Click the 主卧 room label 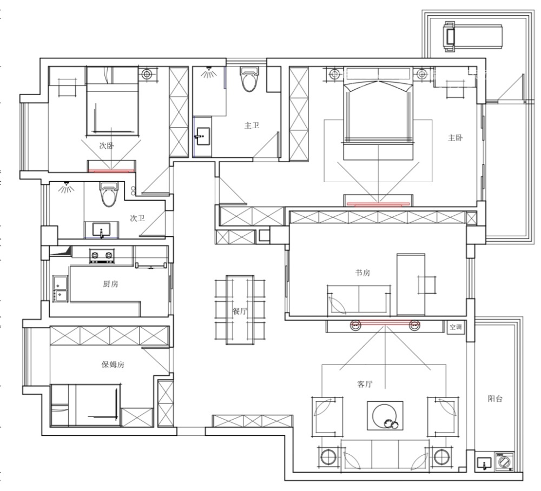point(455,138)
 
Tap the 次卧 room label point(106,145)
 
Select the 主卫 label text point(252,125)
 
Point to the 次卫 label point(137,218)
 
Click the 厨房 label point(110,284)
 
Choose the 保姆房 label point(113,364)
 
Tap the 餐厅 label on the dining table point(240,311)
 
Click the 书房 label point(362,273)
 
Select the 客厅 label point(365,384)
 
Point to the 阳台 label point(495,399)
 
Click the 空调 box point(456,327)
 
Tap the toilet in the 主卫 point(249,79)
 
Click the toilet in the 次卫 point(109,195)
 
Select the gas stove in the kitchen point(102,255)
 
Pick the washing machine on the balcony point(504,462)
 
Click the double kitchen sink point(61,289)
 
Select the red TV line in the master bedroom point(378,204)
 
